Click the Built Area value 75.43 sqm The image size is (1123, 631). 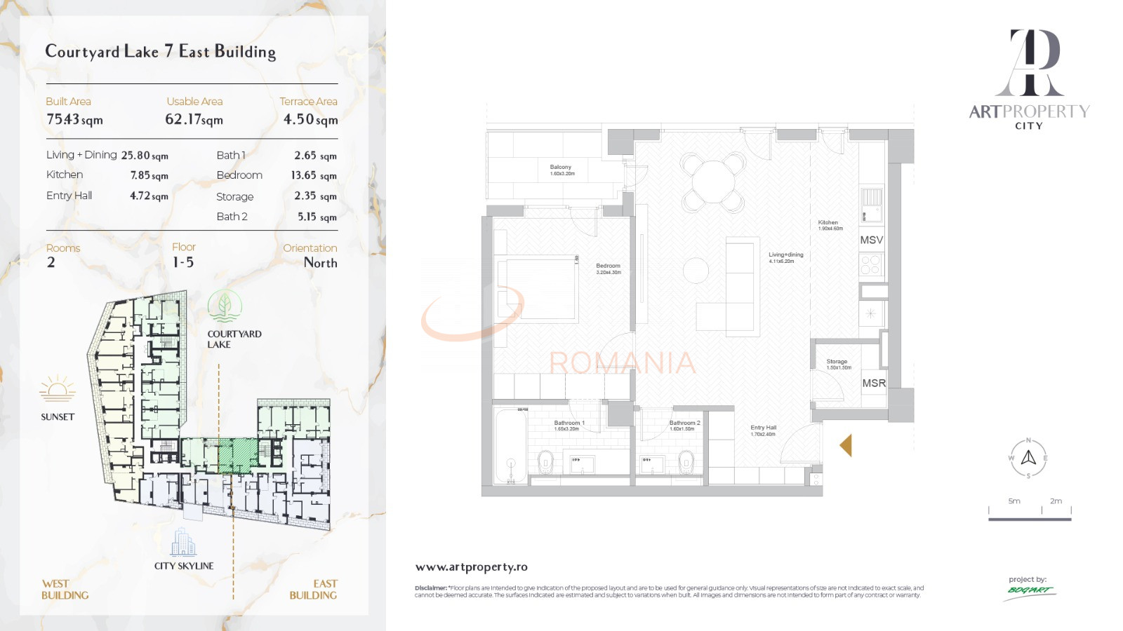pos(74,120)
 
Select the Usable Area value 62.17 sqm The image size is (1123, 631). pos(194,120)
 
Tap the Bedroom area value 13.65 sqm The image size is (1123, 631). pos(314,175)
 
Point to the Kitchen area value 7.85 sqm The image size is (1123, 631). pos(149,175)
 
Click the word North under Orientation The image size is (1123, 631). pos(320,263)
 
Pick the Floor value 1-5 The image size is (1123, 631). pos(183,262)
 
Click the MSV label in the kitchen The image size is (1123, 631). pos(871,240)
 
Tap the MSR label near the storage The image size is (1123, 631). pos(874,383)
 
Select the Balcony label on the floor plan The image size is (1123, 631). pos(561,168)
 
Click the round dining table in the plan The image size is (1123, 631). pos(713,182)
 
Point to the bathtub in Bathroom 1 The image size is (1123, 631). pos(511,447)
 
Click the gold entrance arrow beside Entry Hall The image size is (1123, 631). pos(846,445)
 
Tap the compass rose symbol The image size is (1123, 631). pos(1028,458)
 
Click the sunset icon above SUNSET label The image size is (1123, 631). pos(58,388)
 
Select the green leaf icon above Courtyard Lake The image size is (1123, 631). pos(225,306)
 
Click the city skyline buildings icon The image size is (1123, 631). pos(183,542)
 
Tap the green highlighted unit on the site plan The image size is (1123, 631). pos(238,455)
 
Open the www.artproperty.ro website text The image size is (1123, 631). pos(471,566)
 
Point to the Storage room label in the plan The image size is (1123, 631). pos(837,362)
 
